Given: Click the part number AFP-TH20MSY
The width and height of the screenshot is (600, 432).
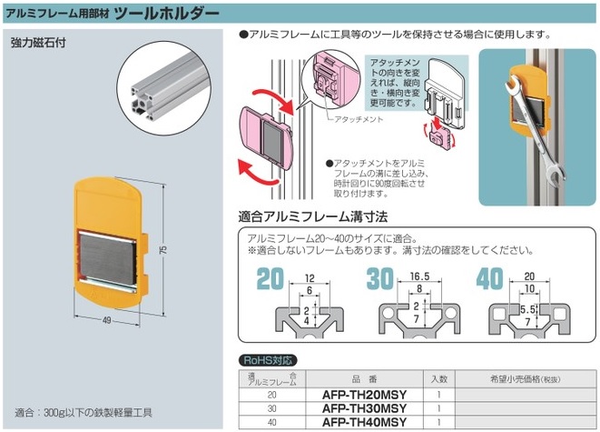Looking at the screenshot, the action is click(x=364, y=395).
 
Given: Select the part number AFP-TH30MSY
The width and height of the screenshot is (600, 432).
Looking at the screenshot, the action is click(x=364, y=408).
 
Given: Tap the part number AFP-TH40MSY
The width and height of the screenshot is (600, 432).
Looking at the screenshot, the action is click(x=364, y=422).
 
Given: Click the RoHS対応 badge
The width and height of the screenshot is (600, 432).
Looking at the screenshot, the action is click(x=268, y=360).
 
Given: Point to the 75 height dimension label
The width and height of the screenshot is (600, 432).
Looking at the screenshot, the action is click(x=163, y=250).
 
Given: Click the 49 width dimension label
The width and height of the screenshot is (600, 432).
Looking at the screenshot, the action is click(x=107, y=320).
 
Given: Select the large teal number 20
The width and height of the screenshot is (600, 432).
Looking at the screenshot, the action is click(x=270, y=279).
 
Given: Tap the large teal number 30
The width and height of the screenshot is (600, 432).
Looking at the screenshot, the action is click(x=380, y=278).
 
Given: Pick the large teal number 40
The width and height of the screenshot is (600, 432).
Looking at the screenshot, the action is click(x=490, y=278).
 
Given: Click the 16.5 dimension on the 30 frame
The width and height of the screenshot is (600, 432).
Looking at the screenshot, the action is click(x=419, y=276).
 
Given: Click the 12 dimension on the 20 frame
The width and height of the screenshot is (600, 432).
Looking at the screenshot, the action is click(x=310, y=278).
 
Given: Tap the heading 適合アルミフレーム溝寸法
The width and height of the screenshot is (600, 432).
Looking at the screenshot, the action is click(x=313, y=217).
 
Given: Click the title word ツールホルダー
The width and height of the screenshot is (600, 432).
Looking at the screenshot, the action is click(x=167, y=14).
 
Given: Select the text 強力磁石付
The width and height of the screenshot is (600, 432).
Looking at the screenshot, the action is click(x=38, y=43).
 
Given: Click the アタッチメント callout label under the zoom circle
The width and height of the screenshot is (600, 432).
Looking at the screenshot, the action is click(x=359, y=119).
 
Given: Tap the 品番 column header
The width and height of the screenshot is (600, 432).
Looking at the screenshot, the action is click(x=364, y=379).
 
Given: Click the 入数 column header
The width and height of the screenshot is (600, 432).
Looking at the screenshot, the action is click(x=439, y=379).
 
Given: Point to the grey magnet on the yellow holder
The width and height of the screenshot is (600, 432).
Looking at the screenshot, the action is click(x=108, y=260).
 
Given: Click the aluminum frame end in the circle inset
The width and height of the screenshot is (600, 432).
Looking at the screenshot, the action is click(x=143, y=102).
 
